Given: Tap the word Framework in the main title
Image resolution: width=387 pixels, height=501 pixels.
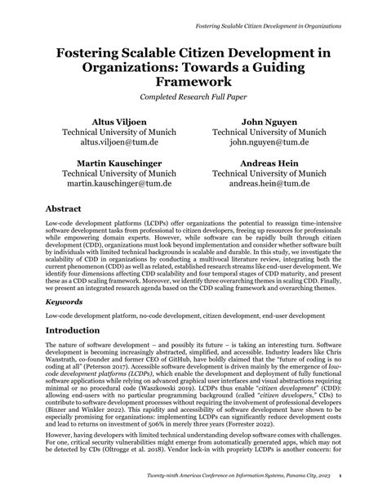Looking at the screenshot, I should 193,82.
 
